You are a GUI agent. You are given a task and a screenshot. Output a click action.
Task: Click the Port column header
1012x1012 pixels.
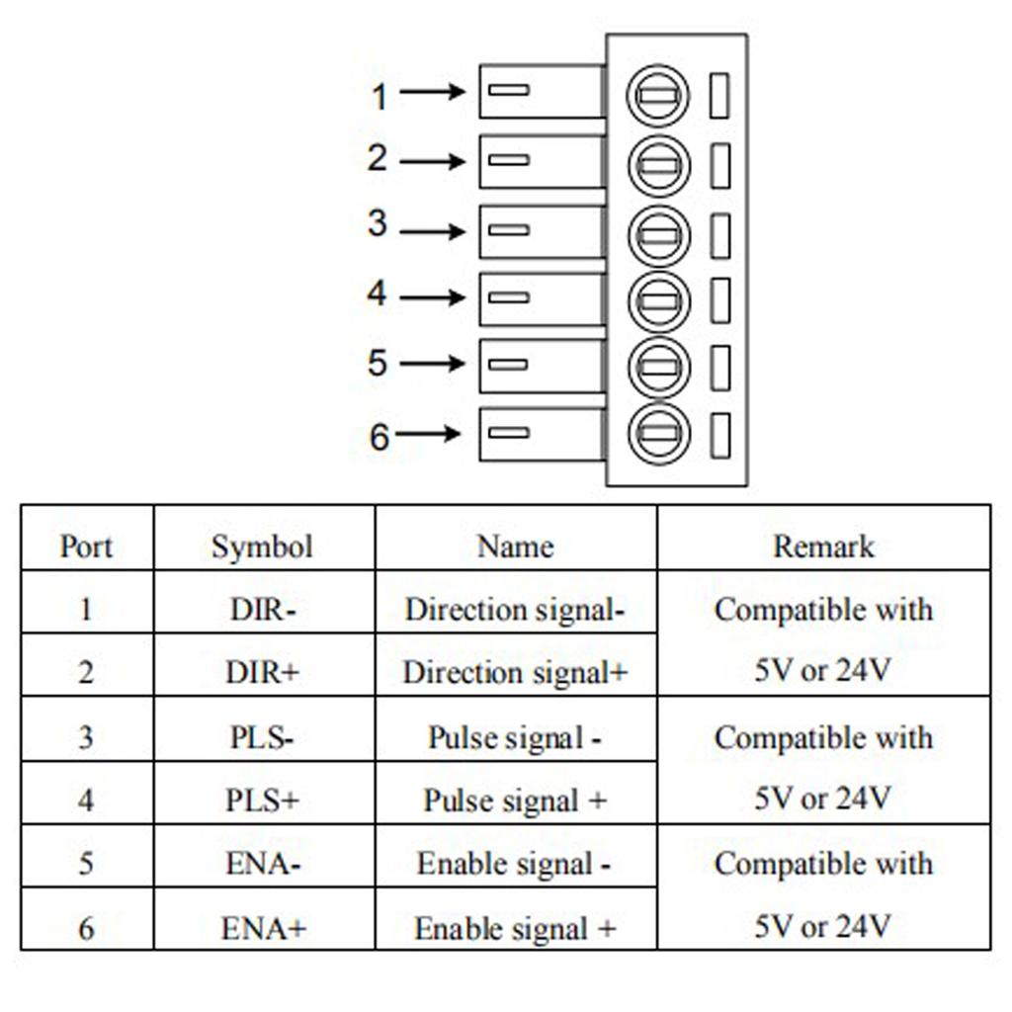coord(86,547)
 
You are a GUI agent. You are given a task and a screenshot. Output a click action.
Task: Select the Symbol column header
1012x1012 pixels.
coord(262,547)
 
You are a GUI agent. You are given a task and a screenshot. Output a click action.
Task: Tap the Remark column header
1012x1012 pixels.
coord(823,547)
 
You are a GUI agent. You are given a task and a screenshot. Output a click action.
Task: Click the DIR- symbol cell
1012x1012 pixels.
coord(262,610)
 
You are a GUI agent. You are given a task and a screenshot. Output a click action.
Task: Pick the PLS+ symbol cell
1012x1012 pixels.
coord(262,800)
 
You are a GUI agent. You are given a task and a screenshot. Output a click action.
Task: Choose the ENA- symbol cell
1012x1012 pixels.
coord(262,864)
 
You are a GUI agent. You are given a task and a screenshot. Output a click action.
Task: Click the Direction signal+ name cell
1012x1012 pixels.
coord(515,673)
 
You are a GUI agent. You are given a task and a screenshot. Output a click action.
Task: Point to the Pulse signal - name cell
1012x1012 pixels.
coord(515,737)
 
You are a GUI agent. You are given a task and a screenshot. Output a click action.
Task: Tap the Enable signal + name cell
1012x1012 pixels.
coord(515,929)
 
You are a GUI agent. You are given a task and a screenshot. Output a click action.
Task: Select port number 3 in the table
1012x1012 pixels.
coord(86,737)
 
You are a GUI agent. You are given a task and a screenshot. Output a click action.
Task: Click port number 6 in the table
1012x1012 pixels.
coord(86,929)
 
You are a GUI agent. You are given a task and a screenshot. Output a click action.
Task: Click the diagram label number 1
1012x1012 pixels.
coord(379,97)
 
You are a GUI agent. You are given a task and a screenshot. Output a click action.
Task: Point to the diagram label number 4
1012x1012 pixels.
coord(377,295)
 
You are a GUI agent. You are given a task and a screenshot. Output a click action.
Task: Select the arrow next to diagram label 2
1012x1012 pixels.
coord(432,161)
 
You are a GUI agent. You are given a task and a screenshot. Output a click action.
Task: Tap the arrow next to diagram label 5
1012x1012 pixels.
coord(432,364)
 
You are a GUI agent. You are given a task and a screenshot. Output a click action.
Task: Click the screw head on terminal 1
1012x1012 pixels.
coord(658,97)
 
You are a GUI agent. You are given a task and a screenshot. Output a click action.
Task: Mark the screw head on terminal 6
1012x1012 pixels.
coord(658,433)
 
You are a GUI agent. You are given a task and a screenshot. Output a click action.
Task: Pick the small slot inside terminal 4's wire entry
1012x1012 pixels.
coord(509,297)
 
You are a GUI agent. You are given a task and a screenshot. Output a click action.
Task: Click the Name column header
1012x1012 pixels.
coord(515,547)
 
